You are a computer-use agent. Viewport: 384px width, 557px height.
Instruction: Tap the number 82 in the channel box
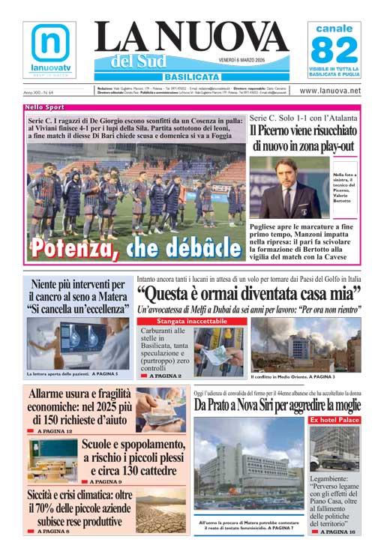[x=334, y=51]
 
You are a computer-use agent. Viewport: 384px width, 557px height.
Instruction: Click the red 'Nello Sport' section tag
[x=44, y=108]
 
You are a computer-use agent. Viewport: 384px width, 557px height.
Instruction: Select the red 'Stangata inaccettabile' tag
[x=192, y=321]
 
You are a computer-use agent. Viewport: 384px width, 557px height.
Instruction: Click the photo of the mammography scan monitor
[x=78, y=343]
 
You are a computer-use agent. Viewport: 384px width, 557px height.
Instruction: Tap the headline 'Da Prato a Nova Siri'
[x=277, y=405]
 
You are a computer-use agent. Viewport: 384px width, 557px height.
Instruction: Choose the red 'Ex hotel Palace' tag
[x=334, y=420]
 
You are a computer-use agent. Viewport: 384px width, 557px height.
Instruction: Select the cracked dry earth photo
[x=160, y=511]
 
